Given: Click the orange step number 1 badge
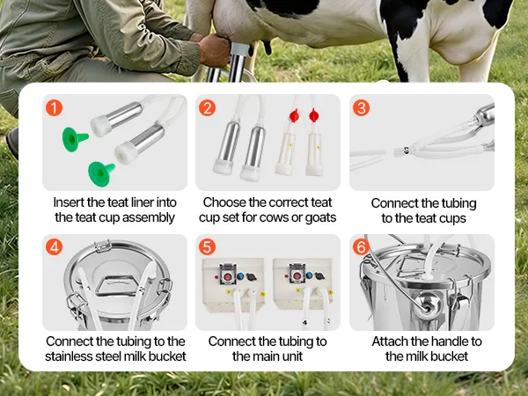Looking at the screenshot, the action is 54,107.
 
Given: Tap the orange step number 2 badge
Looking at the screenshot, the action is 207,108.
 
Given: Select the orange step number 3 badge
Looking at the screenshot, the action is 361,108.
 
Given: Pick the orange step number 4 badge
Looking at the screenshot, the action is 54,247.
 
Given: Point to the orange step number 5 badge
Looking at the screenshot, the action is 207,247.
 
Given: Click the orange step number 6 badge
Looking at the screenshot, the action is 361,247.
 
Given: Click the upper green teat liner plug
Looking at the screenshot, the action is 74,139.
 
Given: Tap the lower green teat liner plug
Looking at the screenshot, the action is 100,173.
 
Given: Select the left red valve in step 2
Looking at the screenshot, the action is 294,115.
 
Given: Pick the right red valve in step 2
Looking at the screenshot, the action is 313,115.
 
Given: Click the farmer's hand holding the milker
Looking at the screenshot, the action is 214,50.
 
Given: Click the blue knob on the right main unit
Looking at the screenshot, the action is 310,276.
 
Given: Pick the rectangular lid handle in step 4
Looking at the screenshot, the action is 118,287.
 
